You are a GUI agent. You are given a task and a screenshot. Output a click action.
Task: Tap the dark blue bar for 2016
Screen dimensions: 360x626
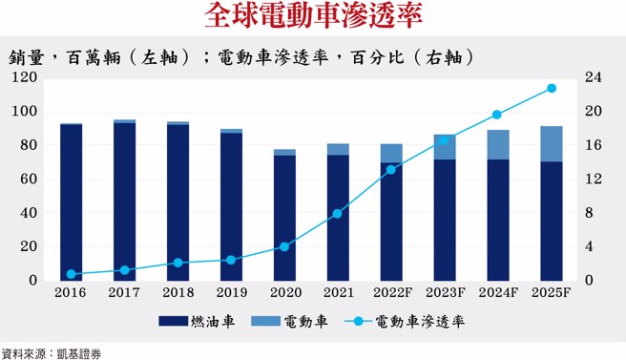coord(71,202)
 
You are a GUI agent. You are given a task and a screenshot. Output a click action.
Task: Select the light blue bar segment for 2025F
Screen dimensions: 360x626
coord(552,144)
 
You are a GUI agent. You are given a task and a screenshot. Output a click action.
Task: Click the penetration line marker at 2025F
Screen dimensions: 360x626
coord(552,89)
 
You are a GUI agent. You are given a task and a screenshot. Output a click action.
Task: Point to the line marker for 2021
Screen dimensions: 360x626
coord(338,214)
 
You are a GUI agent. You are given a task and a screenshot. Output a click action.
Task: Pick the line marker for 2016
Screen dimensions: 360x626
coord(71,274)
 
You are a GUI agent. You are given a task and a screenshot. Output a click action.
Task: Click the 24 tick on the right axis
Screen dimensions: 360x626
coord(592,77)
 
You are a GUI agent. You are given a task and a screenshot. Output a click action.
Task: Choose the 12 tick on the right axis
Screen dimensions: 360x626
coord(592,180)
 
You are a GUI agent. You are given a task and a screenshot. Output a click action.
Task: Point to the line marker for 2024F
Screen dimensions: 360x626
coord(498,115)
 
